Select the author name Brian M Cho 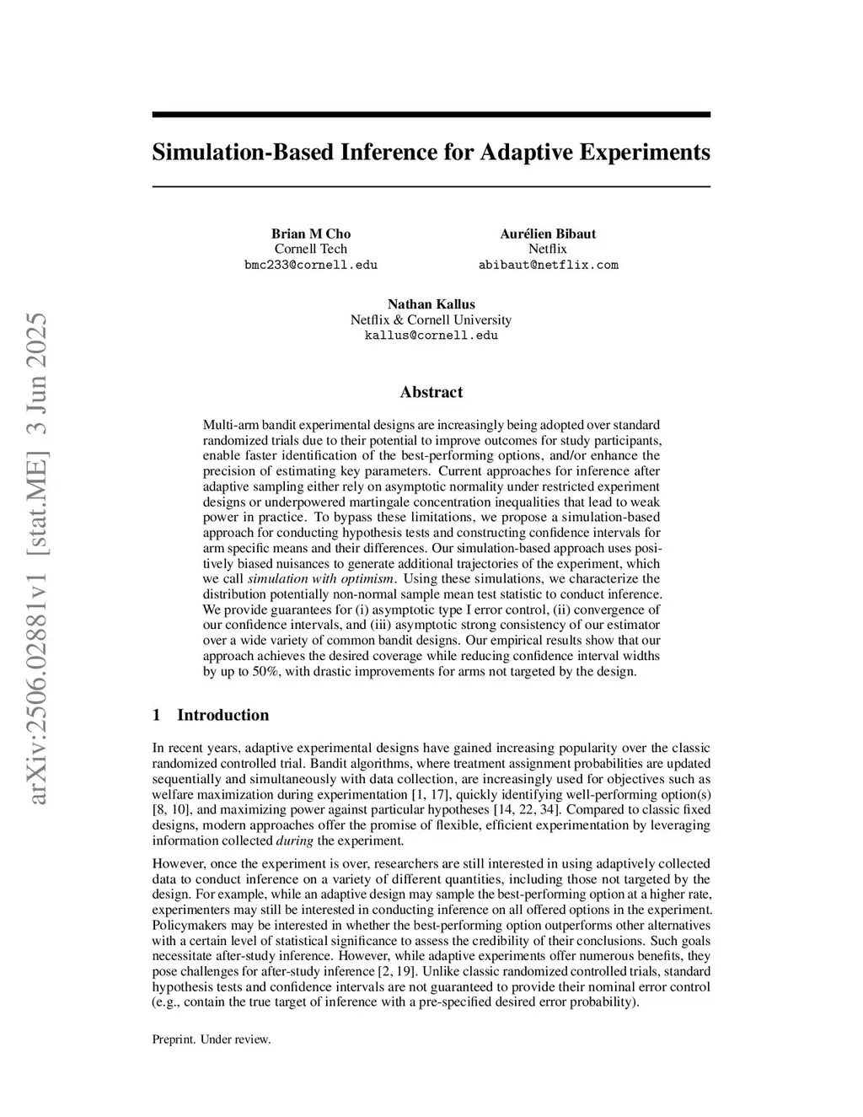pyautogui.click(x=310, y=234)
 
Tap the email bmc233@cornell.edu pyautogui.click(x=310, y=265)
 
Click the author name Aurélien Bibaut pyautogui.click(x=548, y=234)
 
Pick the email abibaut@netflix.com pyautogui.click(x=548, y=265)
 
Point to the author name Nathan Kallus pyautogui.click(x=431, y=304)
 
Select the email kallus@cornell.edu pyautogui.click(x=431, y=336)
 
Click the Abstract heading pyautogui.click(x=431, y=392)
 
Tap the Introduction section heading pyautogui.click(x=222, y=715)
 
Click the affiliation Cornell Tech pyautogui.click(x=310, y=249)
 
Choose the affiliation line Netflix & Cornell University pyautogui.click(x=431, y=320)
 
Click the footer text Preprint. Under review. pyautogui.click(x=212, y=1039)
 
